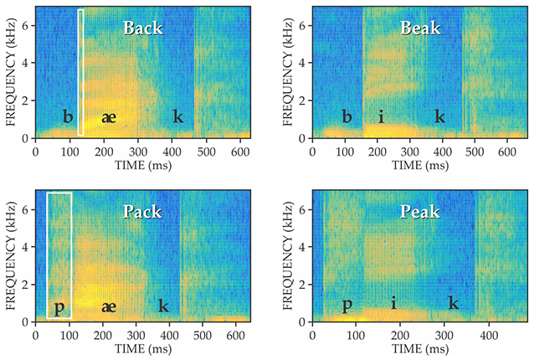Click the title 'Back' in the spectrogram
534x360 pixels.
click(x=143, y=28)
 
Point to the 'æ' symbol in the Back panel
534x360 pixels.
click(x=108, y=117)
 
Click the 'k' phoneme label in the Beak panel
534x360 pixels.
click(x=439, y=116)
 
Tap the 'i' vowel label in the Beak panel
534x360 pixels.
click(x=381, y=116)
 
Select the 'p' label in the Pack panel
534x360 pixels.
click(x=59, y=307)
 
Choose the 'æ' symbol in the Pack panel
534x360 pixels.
click(x=108, y=306)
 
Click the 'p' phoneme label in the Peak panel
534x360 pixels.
click(x=347, y=306)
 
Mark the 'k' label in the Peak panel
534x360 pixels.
click(x=453, y=302)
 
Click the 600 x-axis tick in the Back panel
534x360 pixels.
click(x=239, y=152)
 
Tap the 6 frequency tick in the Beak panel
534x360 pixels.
click(x=302, y=26)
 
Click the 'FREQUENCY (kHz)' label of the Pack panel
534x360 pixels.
click(x=10, y=258)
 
